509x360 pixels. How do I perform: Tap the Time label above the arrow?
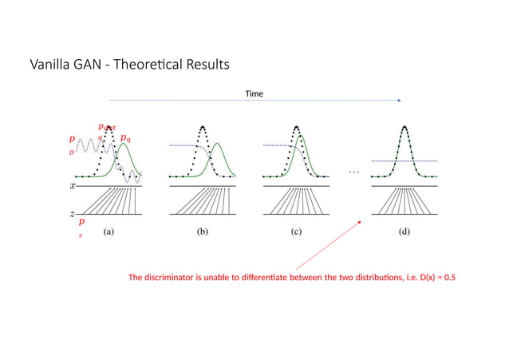[x=254, y=94]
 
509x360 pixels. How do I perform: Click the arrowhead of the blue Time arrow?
[x=399, y=101]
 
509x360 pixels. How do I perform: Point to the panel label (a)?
[x=109, y=234]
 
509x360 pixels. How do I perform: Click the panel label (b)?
[x=203, y=234]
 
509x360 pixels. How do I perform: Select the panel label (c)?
[x=296, y=234]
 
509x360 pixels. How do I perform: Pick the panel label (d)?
[x=405, y=234]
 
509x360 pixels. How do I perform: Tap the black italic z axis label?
[x=73, y=214]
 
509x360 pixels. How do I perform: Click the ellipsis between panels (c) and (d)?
[x=354, y=172]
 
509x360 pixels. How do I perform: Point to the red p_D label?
[x=72, y=143]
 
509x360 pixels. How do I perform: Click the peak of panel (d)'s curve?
[x=405, y=126]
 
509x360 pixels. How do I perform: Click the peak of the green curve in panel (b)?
[x=217, y=144]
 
